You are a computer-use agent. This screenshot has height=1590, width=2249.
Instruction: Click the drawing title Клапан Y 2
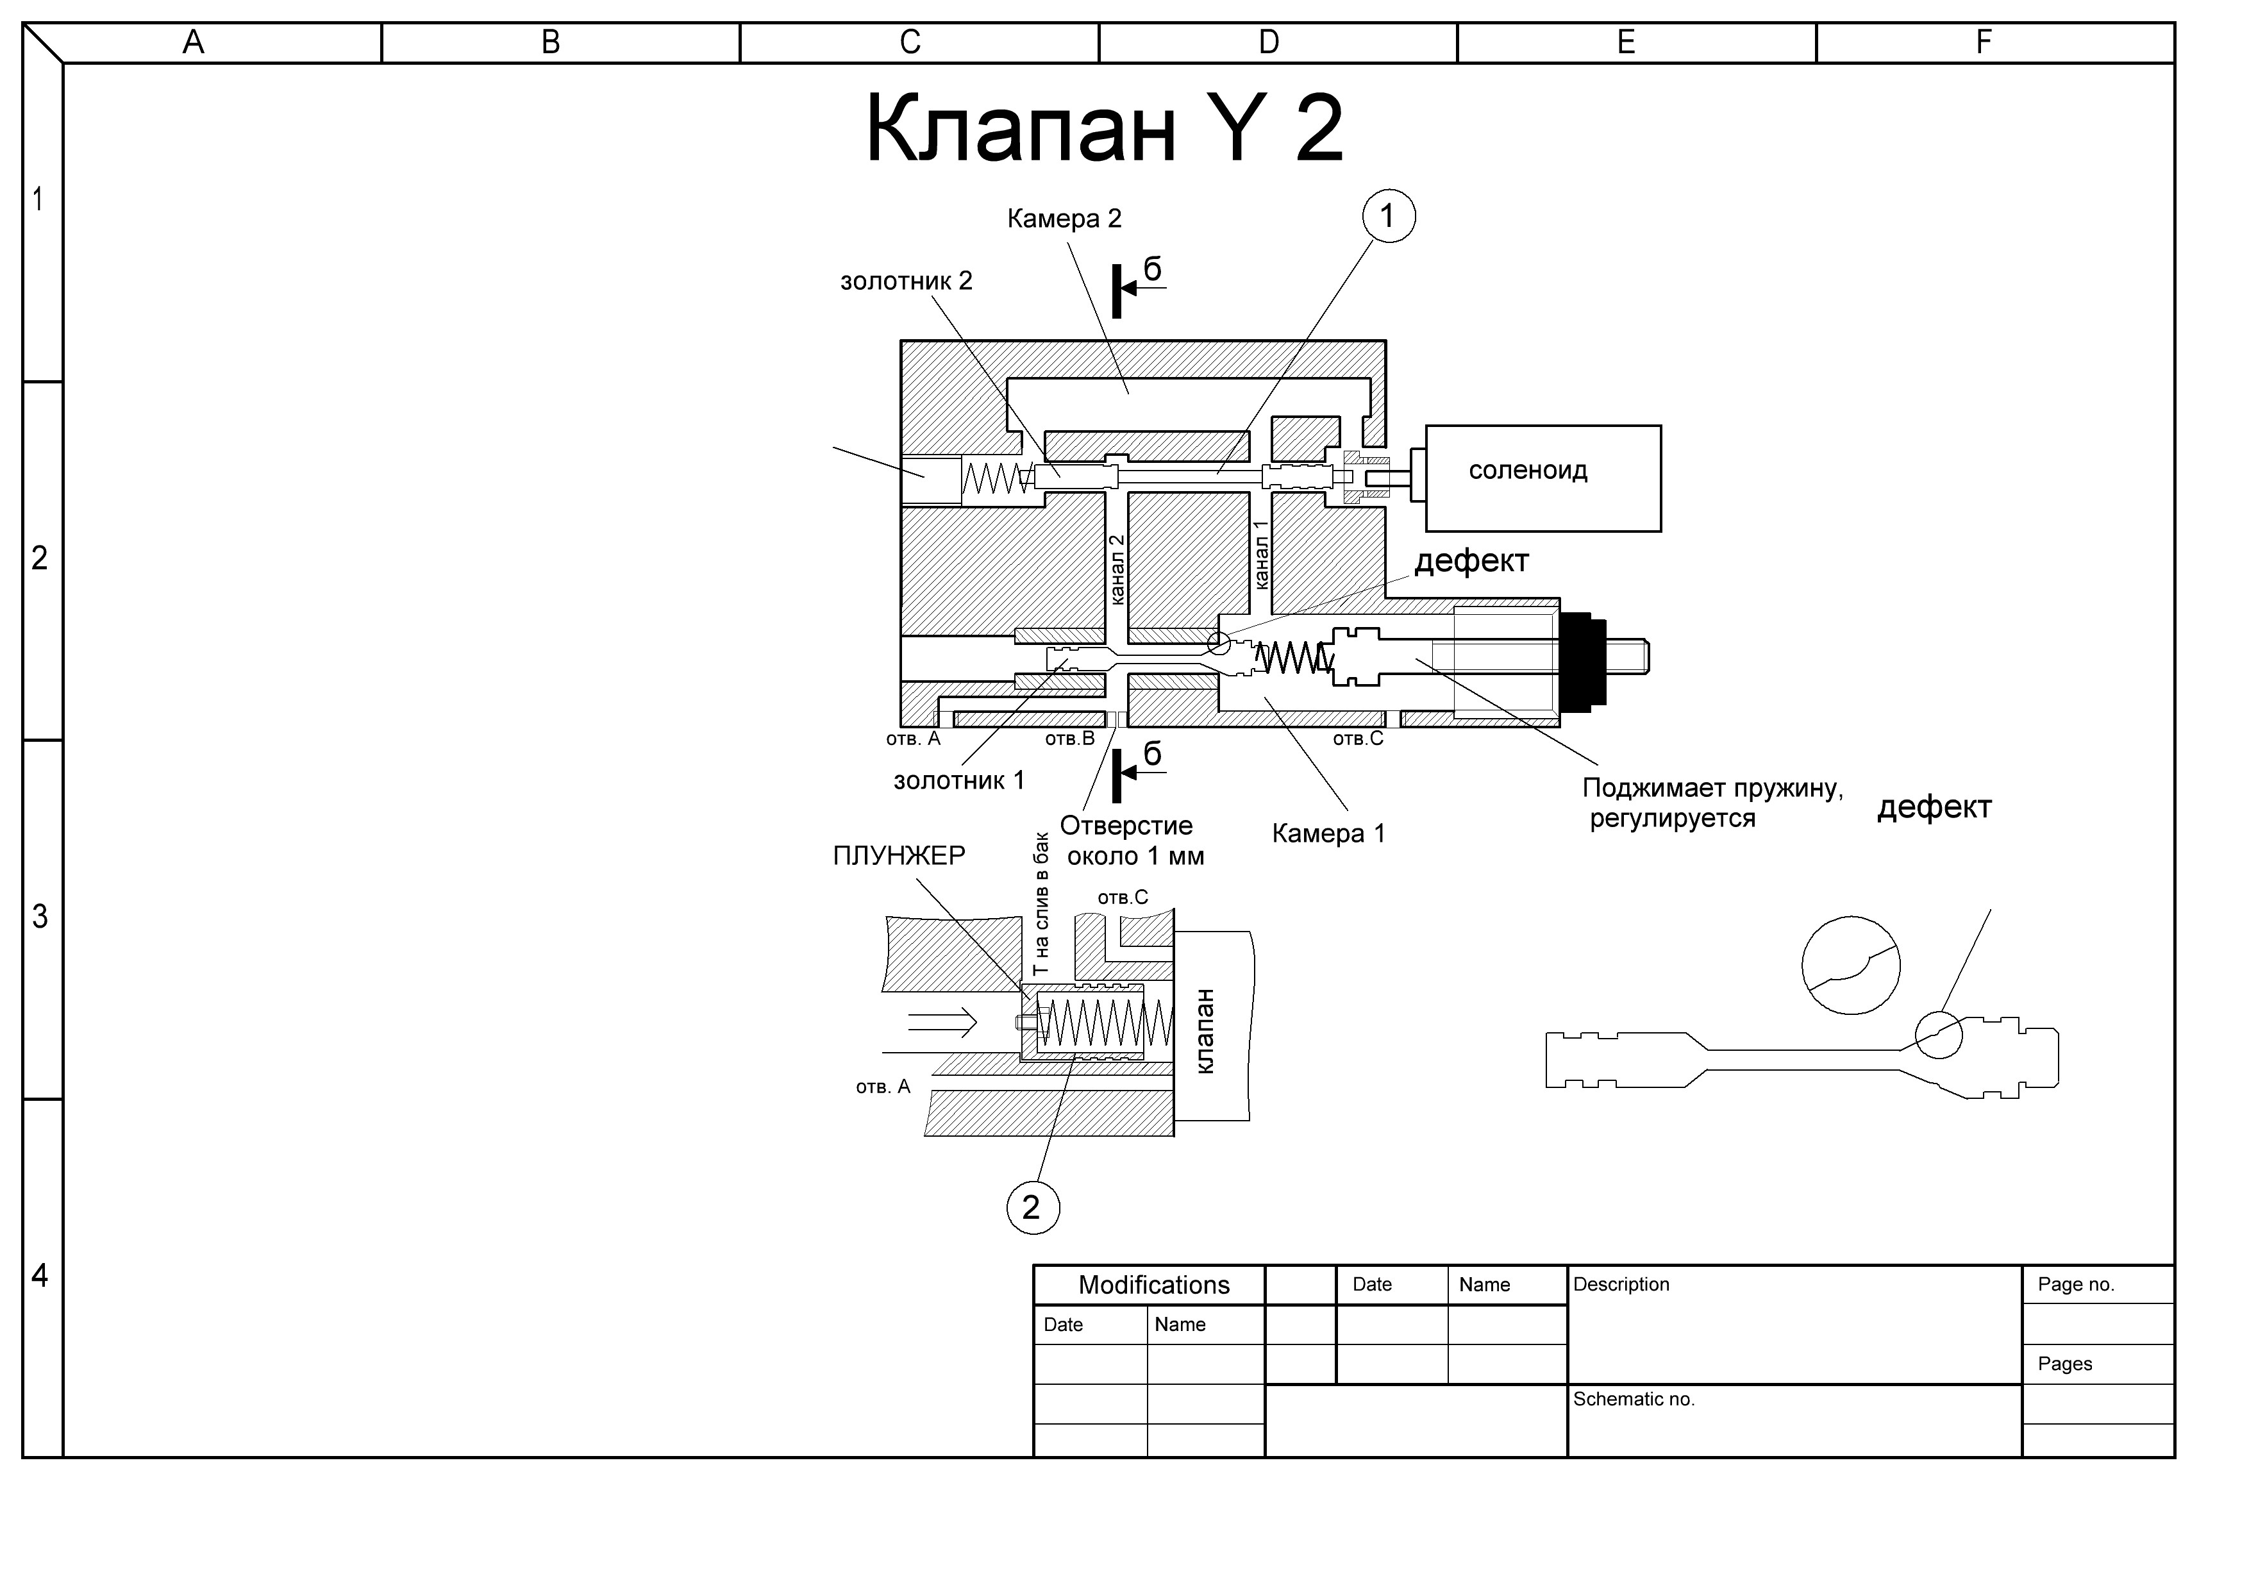pos(1104,128)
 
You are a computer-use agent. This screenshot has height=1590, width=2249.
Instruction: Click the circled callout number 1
pos(1388,215)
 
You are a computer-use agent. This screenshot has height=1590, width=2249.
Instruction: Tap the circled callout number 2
pos(1032,1207)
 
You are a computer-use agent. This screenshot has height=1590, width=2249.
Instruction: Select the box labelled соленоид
pos(1543,478)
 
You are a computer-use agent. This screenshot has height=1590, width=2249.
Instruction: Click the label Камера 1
pos(1328,833)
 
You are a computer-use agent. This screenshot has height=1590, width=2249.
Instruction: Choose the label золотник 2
pos(906,281)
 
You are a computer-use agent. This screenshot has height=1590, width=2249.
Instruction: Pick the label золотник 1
pos(959,781)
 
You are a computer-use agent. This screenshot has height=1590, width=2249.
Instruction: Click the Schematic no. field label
pos(1634,1399)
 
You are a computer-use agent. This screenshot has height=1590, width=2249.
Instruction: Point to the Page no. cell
pos(2076,1284)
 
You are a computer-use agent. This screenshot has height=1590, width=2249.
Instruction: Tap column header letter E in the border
pos(1626,42)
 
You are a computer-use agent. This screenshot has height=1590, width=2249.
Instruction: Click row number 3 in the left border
pos(39,916)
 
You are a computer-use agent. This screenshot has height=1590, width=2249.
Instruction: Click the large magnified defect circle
pos(1850,965)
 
